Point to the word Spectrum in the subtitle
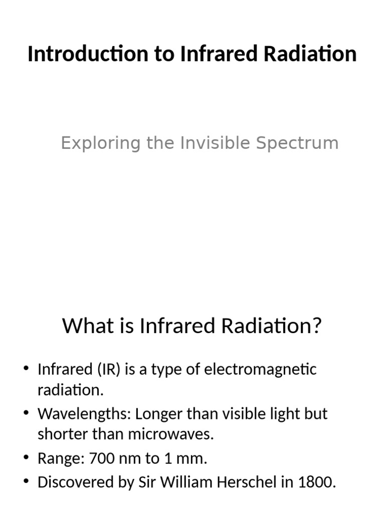297,143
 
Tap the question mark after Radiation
316,327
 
